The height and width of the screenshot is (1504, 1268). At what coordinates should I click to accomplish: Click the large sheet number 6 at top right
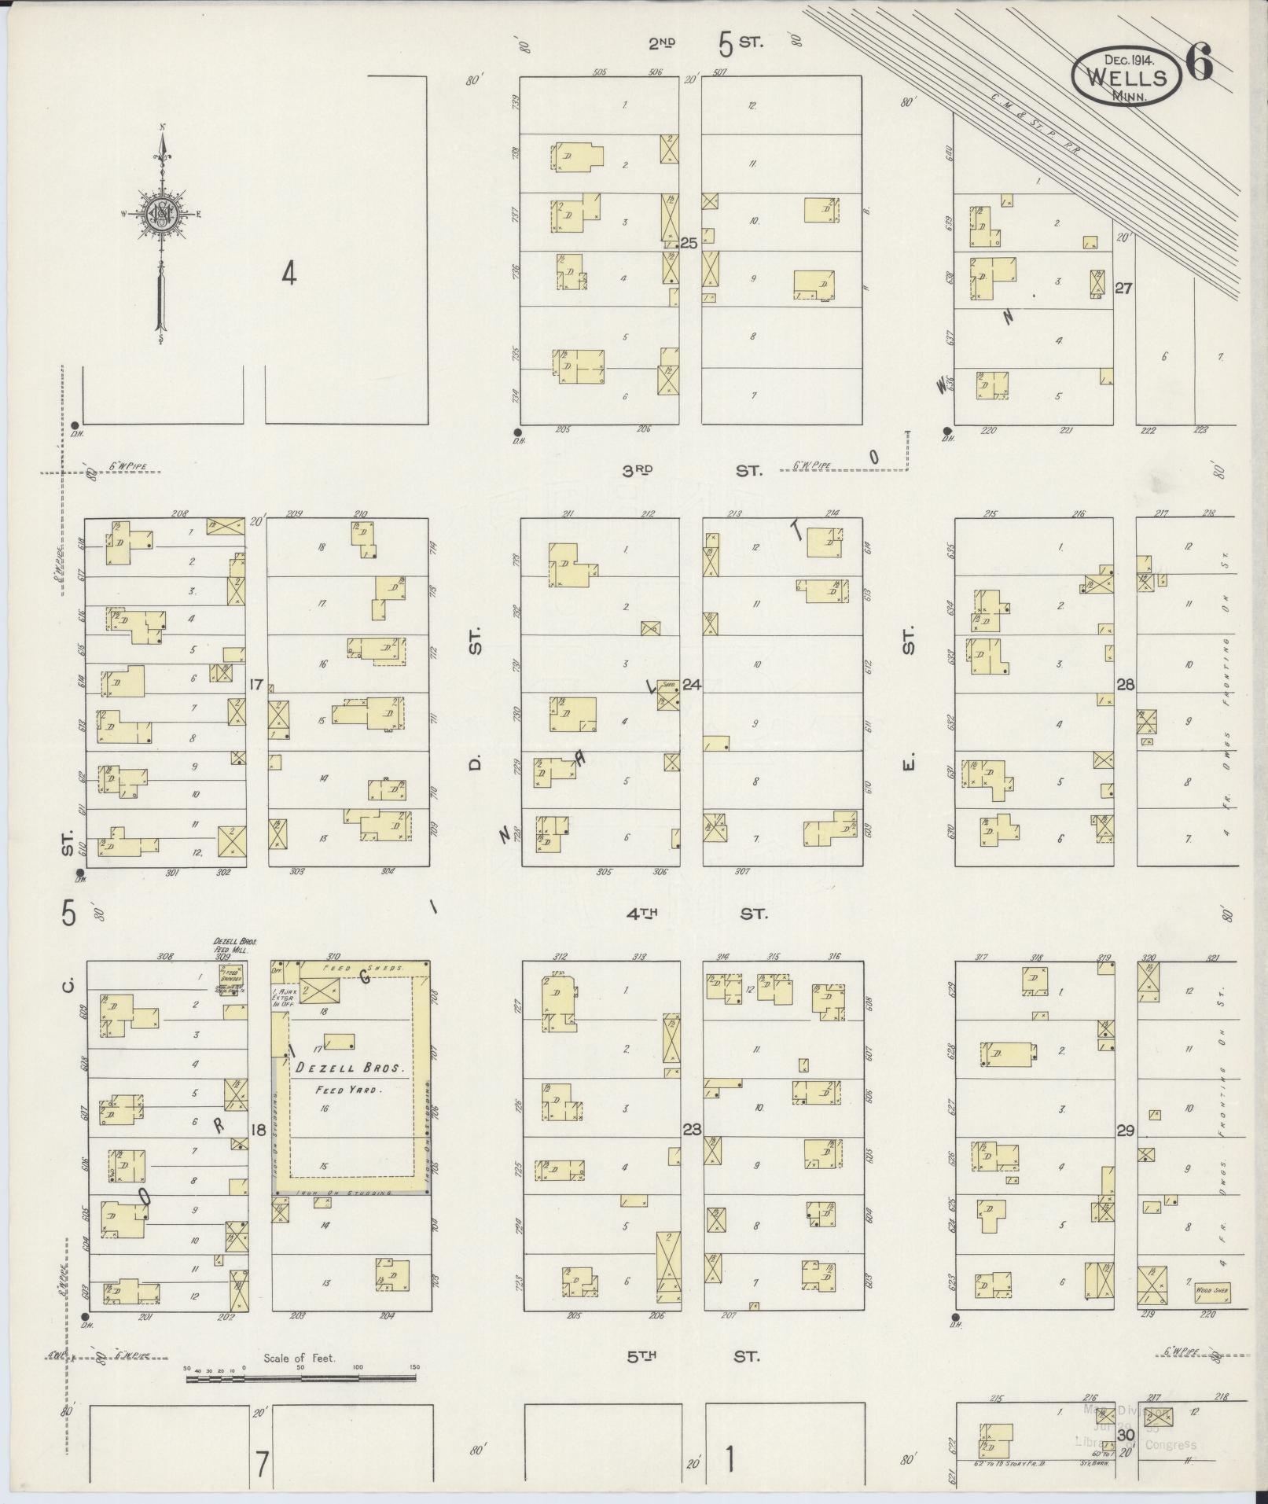[1198, 64]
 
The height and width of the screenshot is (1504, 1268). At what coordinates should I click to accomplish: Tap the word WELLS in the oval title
[1126, 78]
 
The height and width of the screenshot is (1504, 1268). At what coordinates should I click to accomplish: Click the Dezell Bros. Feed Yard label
[349, 1078]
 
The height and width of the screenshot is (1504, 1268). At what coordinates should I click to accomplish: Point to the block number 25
[689, 244]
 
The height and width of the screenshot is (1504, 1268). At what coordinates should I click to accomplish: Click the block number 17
[255, 684]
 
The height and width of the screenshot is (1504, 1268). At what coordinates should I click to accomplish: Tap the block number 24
[691, 684]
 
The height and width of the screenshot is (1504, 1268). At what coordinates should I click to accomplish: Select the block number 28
[1125, 685]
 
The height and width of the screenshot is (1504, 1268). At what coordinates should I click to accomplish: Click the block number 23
[692, 1131]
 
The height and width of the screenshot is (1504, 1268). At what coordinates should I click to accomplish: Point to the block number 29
[1125, 1131]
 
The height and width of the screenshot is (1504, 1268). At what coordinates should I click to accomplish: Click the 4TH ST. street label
[692, 914]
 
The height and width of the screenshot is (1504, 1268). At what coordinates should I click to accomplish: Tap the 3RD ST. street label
[692, 470]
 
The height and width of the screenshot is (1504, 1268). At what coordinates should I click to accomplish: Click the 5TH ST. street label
[692, 1355]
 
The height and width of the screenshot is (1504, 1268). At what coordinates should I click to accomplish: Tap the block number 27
[1123, 288]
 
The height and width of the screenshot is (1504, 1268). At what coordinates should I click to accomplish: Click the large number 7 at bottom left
[263, 1464]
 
